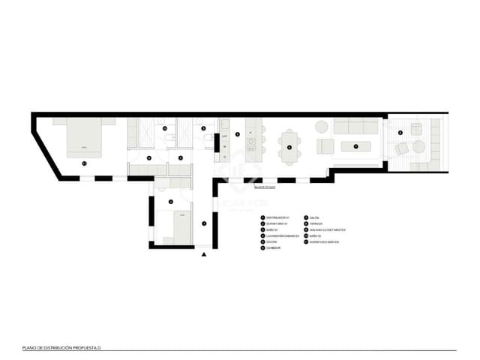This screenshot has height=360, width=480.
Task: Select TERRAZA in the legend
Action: [x=314, y=223]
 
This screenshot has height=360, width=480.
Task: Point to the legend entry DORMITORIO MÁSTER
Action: [x=325, y=242]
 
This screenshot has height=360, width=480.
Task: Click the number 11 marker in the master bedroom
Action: [x=84, y=162]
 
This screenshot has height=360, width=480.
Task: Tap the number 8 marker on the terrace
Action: [x=400, y=133]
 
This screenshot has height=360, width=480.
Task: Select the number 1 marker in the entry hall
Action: [x=204, y=223]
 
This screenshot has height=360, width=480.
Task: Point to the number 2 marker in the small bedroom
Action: [x=171, y=202]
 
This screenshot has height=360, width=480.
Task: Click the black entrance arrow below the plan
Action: [x=204, y=255]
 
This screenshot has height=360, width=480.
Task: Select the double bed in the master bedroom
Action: [x=85, y=139]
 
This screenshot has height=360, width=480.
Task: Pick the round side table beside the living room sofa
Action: [x=322, y=126]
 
